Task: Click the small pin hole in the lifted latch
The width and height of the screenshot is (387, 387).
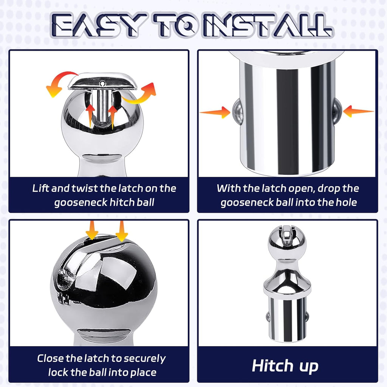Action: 103,84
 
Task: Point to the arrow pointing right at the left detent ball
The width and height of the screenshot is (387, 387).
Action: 215,113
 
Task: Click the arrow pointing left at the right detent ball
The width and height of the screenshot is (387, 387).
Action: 358,111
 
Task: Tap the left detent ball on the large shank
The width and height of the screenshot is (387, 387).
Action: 237,112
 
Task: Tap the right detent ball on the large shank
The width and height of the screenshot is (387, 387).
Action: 337,111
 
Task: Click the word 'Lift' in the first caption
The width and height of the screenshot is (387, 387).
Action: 40,188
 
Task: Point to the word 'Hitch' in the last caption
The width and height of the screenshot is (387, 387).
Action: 272,366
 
